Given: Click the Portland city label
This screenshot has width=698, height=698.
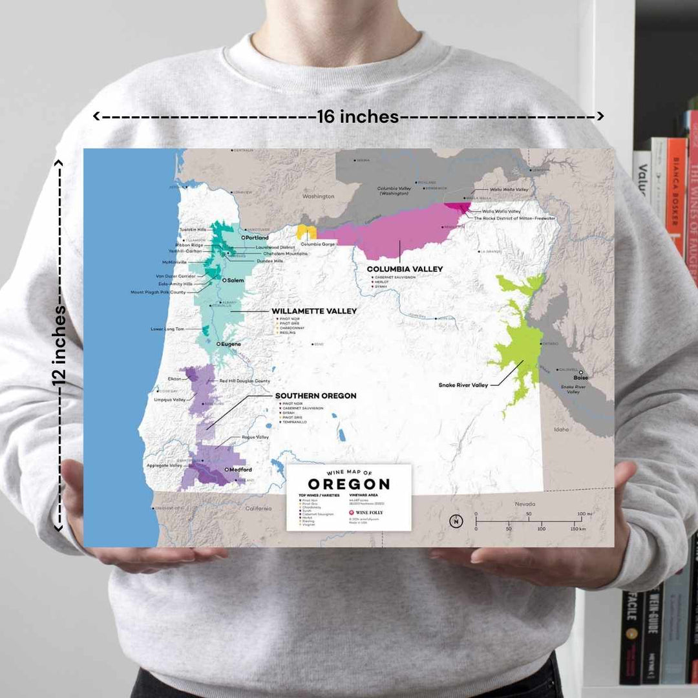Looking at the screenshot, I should coord(257,238).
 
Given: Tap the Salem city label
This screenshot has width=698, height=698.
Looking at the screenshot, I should coord(235,280).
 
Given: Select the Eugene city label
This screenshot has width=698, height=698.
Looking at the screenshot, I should coord(231,344).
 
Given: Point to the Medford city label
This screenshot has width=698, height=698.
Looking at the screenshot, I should coord(240,470).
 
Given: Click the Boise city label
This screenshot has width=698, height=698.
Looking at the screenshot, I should coord(580,377).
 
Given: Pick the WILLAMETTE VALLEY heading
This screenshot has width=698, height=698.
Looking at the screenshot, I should coord(314,311).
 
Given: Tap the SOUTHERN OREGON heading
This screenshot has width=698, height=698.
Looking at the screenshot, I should coord(315,396).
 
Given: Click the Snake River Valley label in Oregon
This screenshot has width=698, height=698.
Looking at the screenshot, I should coord(463,385).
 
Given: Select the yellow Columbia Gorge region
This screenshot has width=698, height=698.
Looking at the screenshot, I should coord(305,231).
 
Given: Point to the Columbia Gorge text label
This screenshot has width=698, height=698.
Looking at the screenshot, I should coord(317,244).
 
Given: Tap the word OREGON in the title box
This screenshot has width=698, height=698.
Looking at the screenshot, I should coord(348,484).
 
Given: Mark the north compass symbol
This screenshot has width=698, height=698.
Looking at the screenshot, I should coord(457,521).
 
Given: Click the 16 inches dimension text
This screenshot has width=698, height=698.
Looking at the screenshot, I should coord(357,116).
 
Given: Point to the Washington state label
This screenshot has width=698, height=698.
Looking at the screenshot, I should coord(318,196).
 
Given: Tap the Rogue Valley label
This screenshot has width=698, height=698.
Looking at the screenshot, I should coord(255,438).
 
